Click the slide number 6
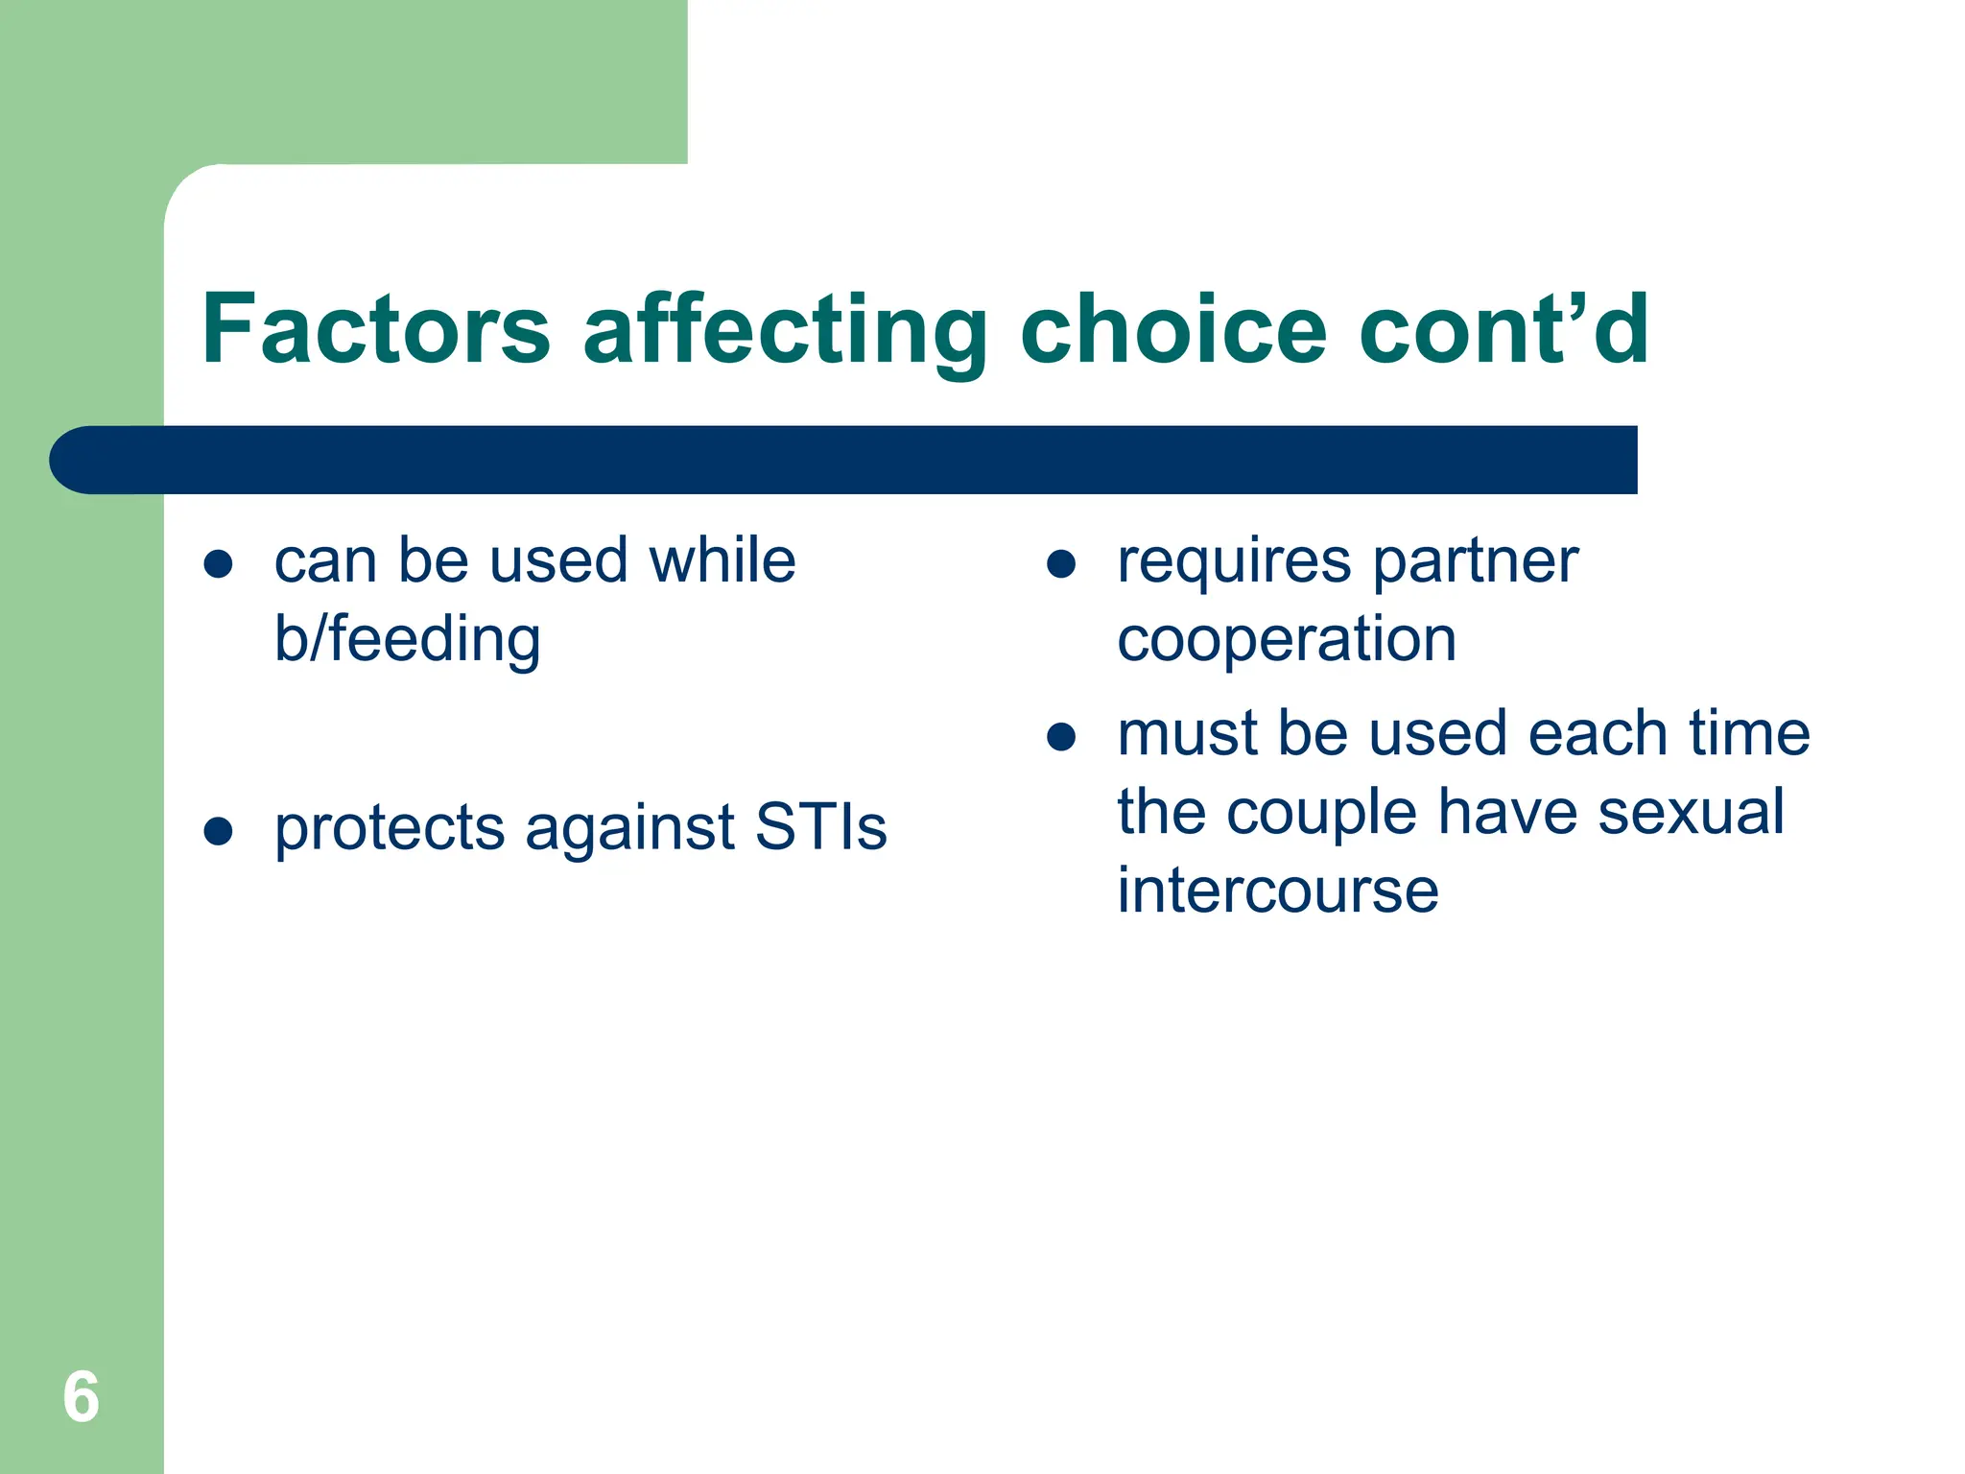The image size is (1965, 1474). [81, 1397]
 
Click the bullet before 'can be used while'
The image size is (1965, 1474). [219, 564]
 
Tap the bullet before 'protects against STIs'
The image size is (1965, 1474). [219, 831]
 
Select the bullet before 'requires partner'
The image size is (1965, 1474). [1061, 564]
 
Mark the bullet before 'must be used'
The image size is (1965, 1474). [1061, 737]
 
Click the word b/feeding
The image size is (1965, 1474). [408, 640]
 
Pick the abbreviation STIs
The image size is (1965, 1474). [820, 827]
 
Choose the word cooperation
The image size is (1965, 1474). [1287, 640]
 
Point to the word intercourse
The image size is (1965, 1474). [1278, 891]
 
